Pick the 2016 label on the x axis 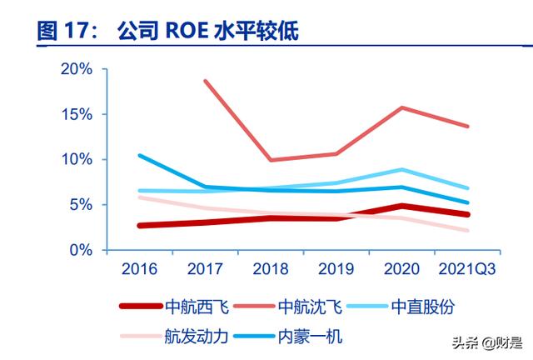click(x=139, y=270)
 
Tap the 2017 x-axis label click(x=205, y=270)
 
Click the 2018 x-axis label click(x=271, y=270)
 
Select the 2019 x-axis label click(x=337, y=270)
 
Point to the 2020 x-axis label click(x=403, y=270)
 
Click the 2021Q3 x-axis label click(x=467, y=270)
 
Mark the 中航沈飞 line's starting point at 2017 click(x=205, y=81)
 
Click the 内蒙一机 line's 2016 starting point click(x=139, y=155)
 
